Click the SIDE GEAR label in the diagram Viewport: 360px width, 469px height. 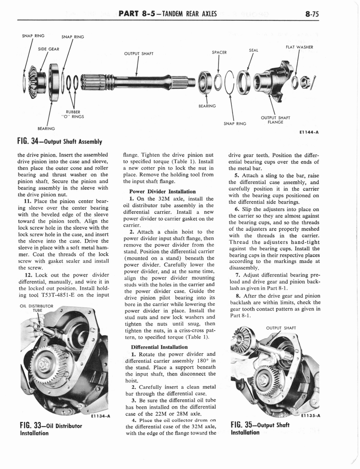click(x=48, y=49)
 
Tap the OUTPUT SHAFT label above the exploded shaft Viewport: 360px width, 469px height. click(x=138, y=54)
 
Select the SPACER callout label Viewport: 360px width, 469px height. click(x=219, y=52)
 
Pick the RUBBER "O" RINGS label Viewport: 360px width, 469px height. click(x=73, y=114)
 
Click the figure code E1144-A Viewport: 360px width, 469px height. click(x=310, y=132)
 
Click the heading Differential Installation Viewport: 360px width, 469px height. click(x=159, y=347)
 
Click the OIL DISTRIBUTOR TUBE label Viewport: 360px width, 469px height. click(x=36, y=309)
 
